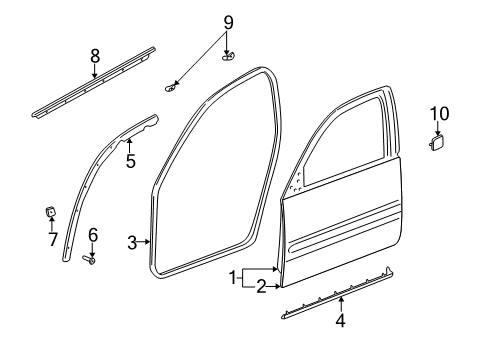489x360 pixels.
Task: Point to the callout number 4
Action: pos(340,322)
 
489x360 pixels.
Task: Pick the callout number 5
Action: pos(129,159)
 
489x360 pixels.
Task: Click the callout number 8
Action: pos(95,55)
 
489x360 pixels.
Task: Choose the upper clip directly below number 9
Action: pos(227,54)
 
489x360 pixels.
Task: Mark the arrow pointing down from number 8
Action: pos(95,70)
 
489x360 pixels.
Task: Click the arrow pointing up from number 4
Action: pos(340,306)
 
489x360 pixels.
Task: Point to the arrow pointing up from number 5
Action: pos(129,144)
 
